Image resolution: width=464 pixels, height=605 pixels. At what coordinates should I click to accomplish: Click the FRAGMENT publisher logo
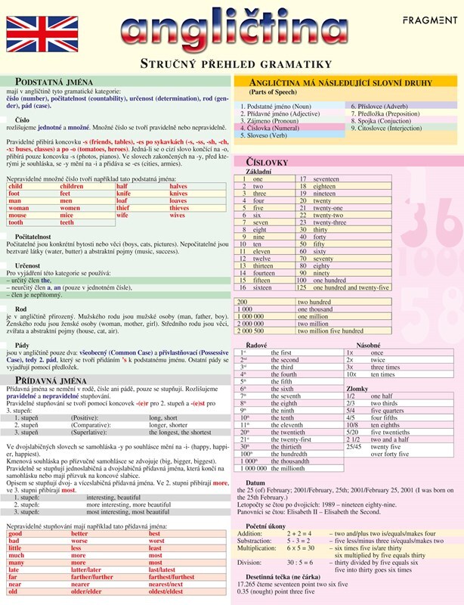pos(429,21)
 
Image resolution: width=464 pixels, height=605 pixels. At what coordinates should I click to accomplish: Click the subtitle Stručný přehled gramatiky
pos(231,63)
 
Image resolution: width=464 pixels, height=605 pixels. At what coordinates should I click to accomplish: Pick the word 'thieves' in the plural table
pos(179,208)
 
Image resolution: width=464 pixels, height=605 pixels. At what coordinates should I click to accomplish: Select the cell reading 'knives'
pos(179,193)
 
